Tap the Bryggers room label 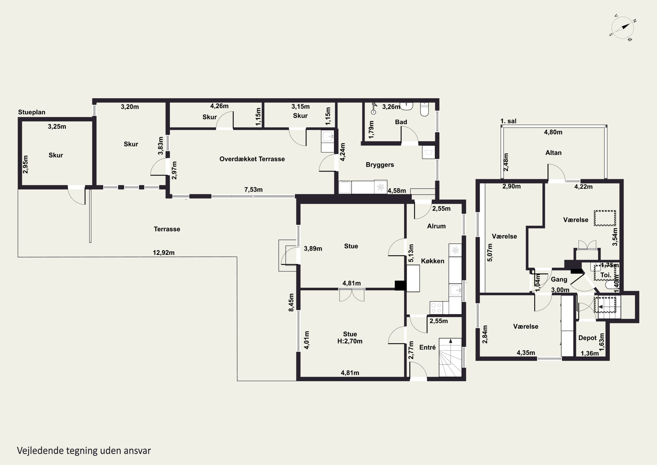[380, 165]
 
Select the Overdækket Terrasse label [252, 159]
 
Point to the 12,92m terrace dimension [163, 253]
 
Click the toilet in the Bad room [424, 109]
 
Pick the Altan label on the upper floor [553, 153]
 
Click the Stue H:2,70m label [350, 337]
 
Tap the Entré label [427, 347]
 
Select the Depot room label [587, 338]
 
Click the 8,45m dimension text [291, 302]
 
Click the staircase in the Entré [450, 357]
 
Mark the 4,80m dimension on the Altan [553, 132]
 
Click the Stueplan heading [32, 112]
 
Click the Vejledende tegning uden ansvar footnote [84, 450]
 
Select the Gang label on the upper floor [559, 279]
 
